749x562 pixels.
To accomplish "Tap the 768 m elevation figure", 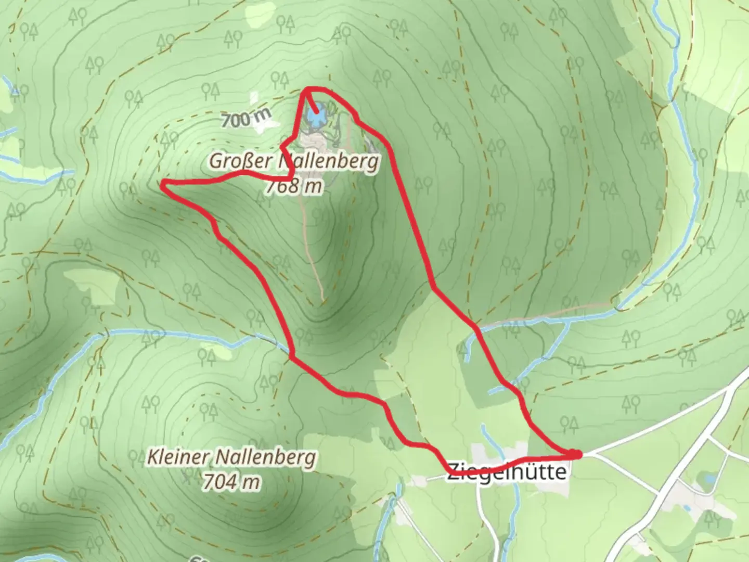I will [294, 186].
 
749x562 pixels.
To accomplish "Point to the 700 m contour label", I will [246, 119].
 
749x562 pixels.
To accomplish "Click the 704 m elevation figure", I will [231, 482].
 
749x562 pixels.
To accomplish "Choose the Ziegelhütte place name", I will [506, 471].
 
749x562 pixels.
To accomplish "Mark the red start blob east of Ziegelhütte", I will [575, 454].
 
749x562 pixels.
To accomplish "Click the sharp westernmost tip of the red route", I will [162, 184].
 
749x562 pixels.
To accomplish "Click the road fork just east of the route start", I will [591, 454].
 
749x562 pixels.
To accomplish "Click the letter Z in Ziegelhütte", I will [453, 471].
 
